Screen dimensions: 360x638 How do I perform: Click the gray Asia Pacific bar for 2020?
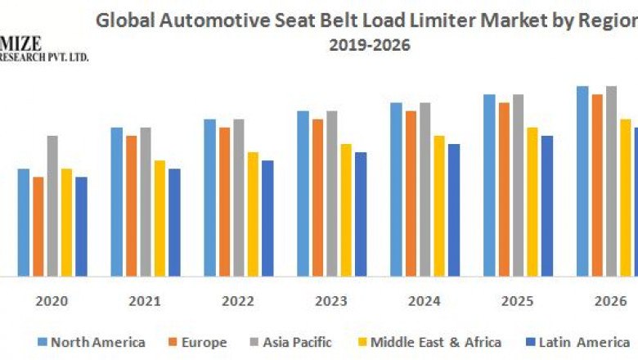click(52, 205)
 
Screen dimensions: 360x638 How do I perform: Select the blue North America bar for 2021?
click(117, 201)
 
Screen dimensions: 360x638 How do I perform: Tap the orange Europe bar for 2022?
click(224, 201)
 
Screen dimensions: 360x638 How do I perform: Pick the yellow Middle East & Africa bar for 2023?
click(346, 209)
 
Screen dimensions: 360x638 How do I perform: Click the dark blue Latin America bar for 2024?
click(454, 209)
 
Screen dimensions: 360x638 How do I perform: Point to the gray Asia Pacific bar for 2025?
click(518, 185)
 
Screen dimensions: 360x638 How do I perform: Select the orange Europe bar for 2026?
click(597, 185)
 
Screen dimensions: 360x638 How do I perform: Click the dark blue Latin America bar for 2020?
click(81, 226)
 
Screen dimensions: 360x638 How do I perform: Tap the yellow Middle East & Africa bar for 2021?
click(160, 218)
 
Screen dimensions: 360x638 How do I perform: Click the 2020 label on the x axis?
click(51, 301)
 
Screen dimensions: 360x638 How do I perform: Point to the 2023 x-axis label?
click(330, 301)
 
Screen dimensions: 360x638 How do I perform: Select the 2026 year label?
click(610, 301)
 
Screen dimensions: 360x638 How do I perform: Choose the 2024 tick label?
click(424, 301)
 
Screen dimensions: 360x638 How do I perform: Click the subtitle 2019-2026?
click(370, 46)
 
